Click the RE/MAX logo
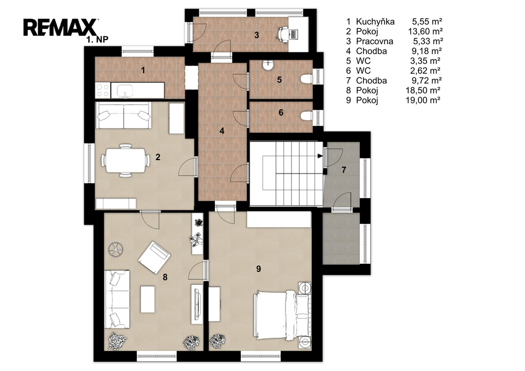[60, 28]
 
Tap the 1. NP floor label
[97, 40]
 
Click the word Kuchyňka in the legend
[375, 22]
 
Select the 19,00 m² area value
[423, 100]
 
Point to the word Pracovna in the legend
[374, 41]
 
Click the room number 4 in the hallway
[221, 131]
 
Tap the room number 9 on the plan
[258, 269]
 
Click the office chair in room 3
[283, 34]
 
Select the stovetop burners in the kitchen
[103, 90]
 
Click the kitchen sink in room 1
[125, 90]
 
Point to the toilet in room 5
[307, 79]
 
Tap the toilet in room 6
[307, 116]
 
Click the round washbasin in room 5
[267, 65]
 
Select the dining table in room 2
[126, 160]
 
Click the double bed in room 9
[282, 316]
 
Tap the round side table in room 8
[116, 249]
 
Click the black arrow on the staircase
[320, 156]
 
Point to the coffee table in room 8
[148, 299]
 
